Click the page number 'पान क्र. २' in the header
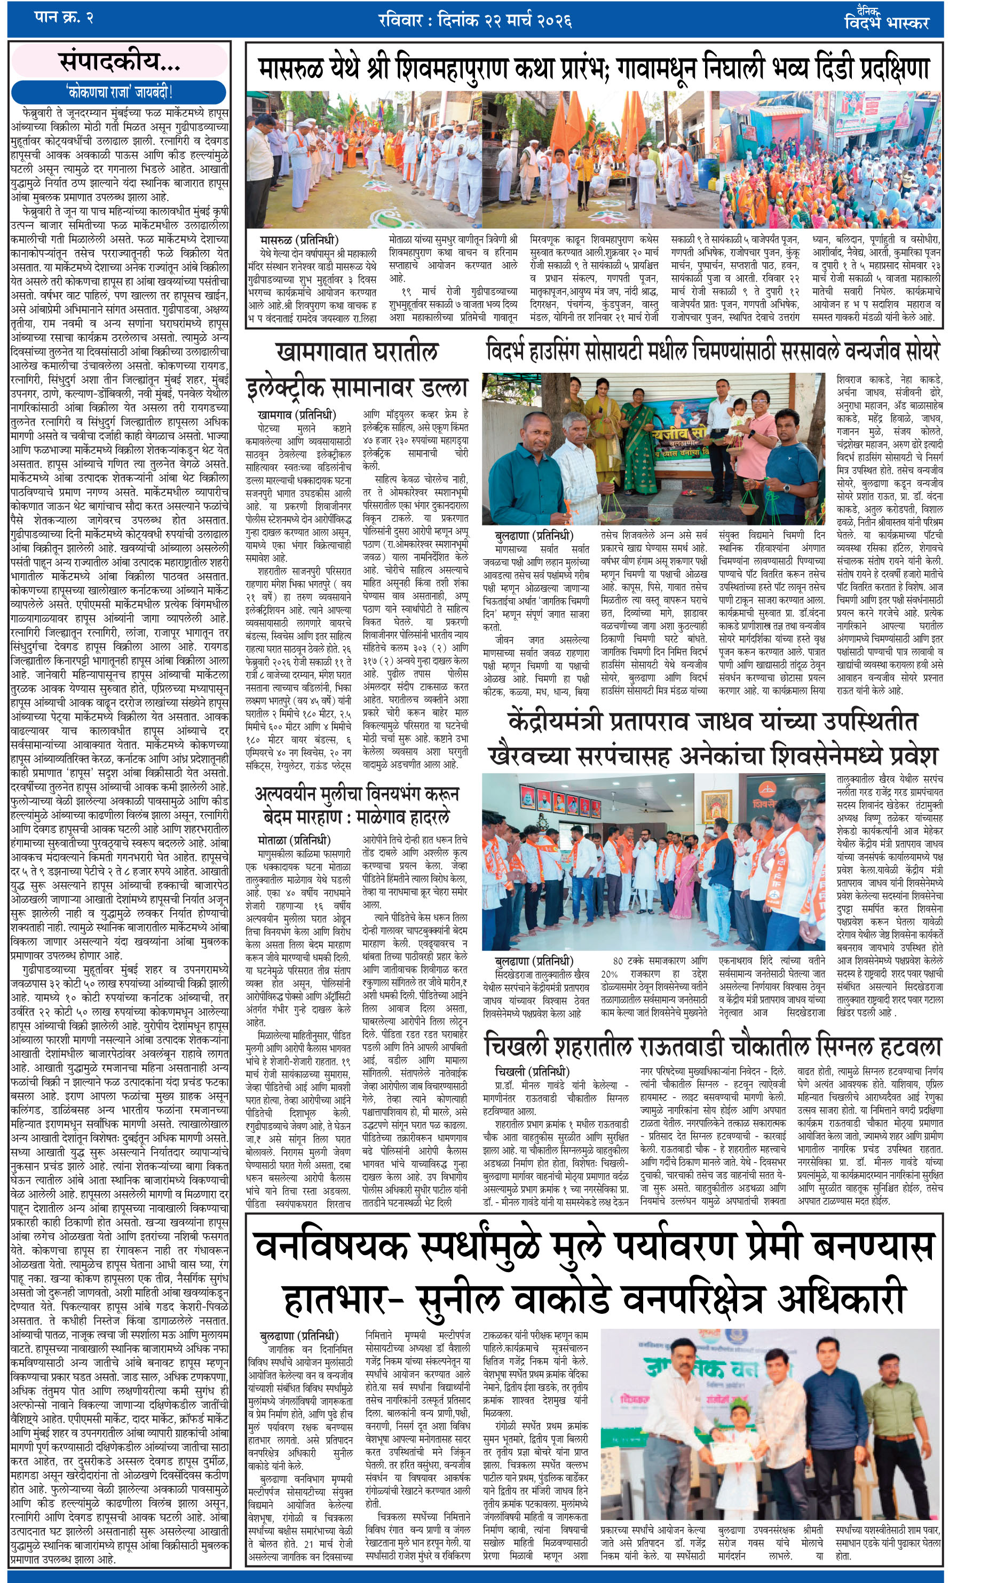pyautogui.click(x=64, y=18)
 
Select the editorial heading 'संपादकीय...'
pyautogui.click(x=120, y=61)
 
